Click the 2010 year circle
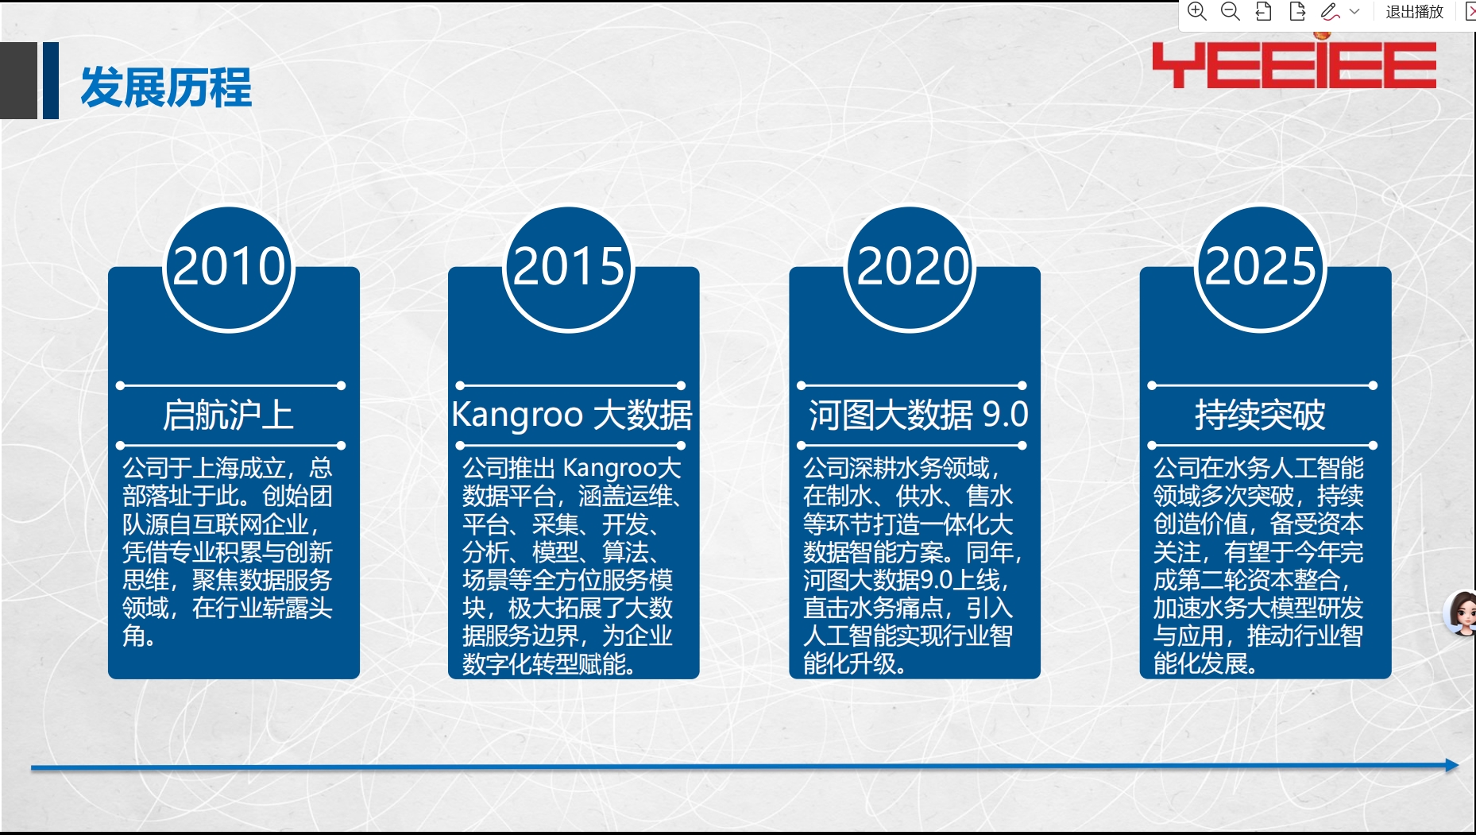pyautogui.click(x=229, y=268)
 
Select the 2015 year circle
pyautogui.click(x=569, y=268)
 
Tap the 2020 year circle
pyautogui.click(x=910, y=268)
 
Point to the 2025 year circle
pyautogui.click(x=1261, y=268)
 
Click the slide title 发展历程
pyautogui.click(x=166, y=87)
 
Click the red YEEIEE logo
pyautogui.click(x=1294, y=64)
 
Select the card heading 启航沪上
pyautogui.click(x=229, y=415)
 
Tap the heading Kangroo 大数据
pyautogui.click(x=572, y=415)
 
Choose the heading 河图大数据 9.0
pyautogui.click(x=918, y=415)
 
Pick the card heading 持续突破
pyautogui.click(x=1261, y=415)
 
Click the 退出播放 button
pyautogui.click(x=1414, y=12)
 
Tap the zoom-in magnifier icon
pyautogui.click(x=1197, y=11)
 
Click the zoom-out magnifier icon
pyautogui.click(x=1231, y=11)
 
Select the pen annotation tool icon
pyautogui.click(x=1330, y=11)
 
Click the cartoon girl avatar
pyautogui.click(x=1462, y=613)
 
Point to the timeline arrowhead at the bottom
pyautogui.click(x=1452, y=765)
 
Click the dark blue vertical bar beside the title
pyautogui.click(x=51, y=80)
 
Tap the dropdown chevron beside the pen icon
pyautogui.click(x=1354, y=12)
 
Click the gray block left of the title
pyautogui.click(x=18, y=80)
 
